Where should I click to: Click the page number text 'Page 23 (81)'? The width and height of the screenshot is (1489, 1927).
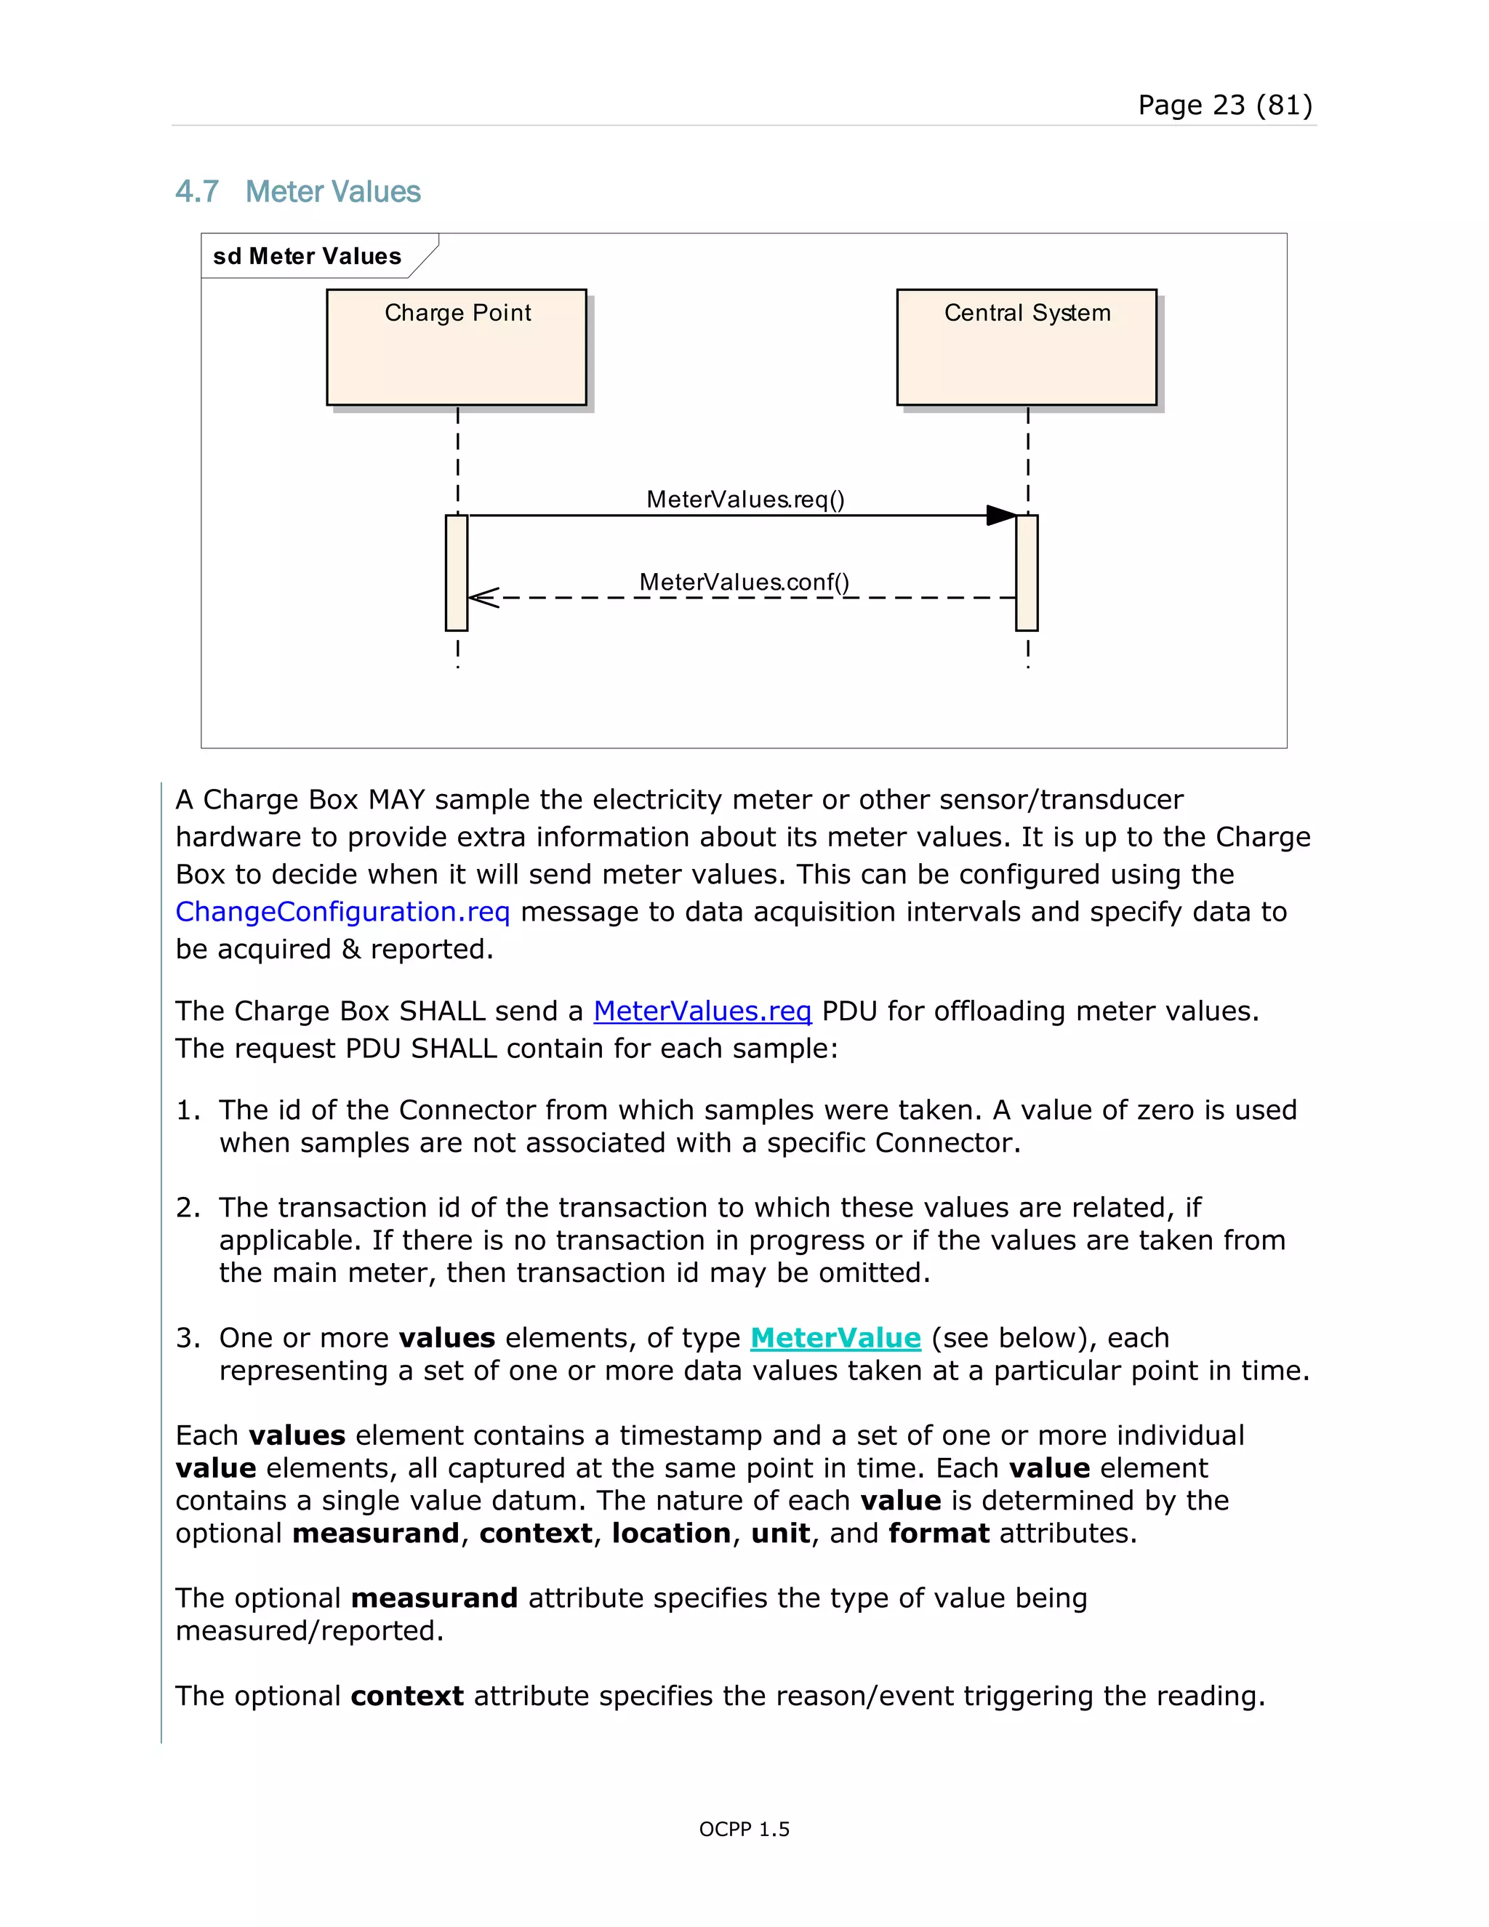coord(1224,105)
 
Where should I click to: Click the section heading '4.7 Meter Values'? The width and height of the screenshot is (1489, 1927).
coord(298,191)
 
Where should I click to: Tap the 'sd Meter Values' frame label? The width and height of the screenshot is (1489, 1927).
coord(307,256)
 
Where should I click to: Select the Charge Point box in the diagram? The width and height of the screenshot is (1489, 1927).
coord(456,347)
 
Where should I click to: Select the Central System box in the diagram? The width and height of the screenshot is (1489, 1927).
coord(1026,347)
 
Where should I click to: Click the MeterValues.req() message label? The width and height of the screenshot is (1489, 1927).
coord(745,500)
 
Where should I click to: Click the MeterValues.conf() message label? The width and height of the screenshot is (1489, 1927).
coord(744,582)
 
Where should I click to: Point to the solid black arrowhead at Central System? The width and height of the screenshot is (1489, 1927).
coord(1001,516)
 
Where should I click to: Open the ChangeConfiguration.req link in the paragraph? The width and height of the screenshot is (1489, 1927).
coord(342,911)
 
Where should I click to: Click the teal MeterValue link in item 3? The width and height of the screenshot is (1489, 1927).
coord(835,1337)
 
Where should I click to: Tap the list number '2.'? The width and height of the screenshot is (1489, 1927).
coord(189,1207)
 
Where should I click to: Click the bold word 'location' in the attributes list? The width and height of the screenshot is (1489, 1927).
coord(671,1533)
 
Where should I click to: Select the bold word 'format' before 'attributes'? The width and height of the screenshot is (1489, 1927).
coord(939,1533)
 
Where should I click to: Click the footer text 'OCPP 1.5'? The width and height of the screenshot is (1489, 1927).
coord(744,1829)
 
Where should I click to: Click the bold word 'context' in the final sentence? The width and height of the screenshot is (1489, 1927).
coord(406,1696)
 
